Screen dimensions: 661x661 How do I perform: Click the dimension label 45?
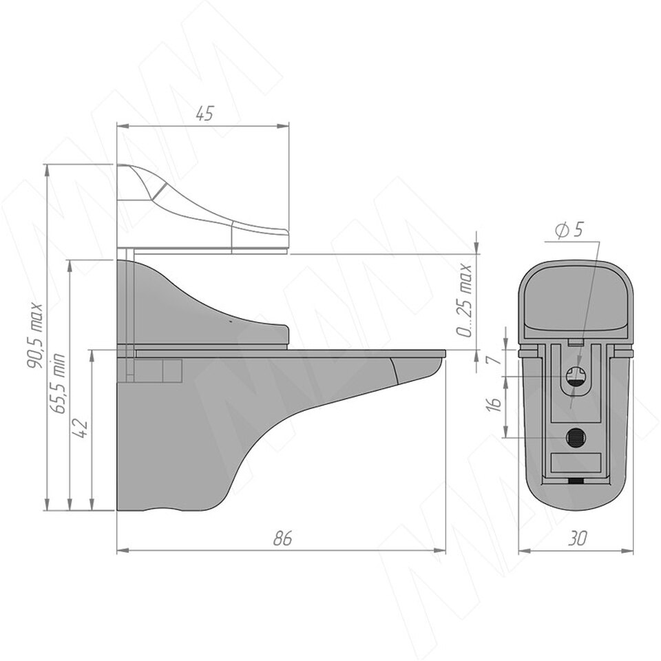tap(206, 114)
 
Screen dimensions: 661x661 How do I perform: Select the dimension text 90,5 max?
tap(34, 335)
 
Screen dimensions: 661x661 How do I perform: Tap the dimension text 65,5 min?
tap(57, 383)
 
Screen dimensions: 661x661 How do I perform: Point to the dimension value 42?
tap(81, 428)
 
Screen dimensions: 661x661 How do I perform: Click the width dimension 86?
tap(282, 538)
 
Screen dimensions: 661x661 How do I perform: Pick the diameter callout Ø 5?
tap(569, 230)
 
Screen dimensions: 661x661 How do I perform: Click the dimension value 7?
tap(496, 359)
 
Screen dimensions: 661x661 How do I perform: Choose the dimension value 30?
tap(577, 538)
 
